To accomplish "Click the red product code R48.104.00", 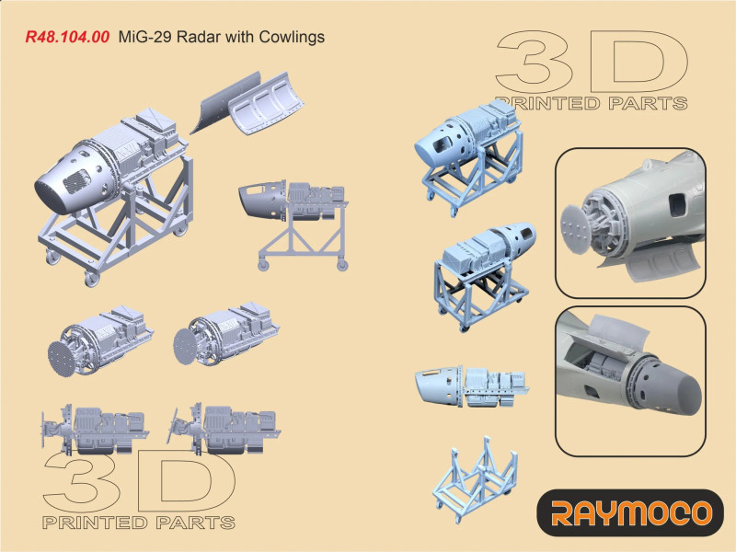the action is [67, 37].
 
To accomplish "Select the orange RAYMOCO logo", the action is [631, 513].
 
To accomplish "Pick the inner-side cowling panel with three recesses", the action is [265, 104].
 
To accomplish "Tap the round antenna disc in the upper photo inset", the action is [576, 229].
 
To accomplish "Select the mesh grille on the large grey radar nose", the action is [77, 181].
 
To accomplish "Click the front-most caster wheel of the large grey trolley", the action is [91, 279].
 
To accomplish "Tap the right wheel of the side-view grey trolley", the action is [342, 265].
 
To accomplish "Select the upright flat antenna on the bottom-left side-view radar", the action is [43, 429].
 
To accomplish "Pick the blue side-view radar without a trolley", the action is [471, 384].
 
